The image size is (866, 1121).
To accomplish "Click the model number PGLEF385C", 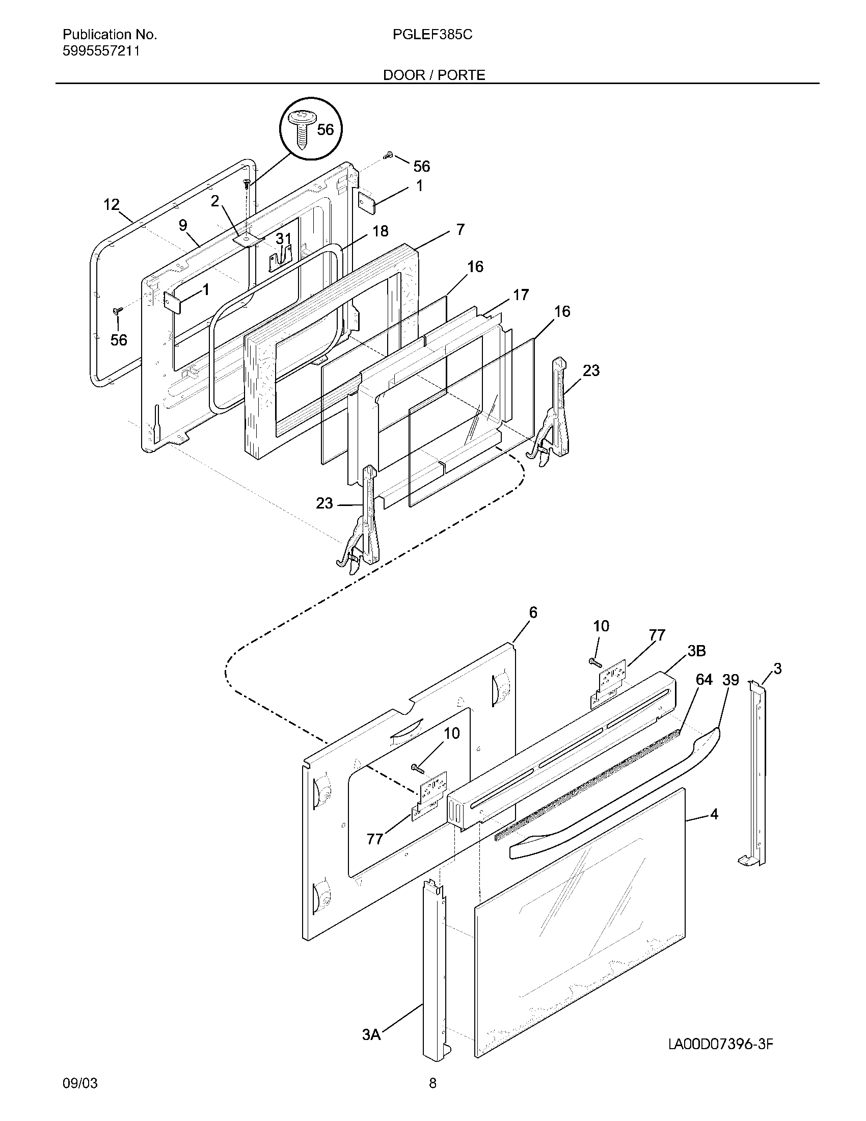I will [x=432, y=35].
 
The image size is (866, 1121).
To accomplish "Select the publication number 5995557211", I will [x=100, y=51].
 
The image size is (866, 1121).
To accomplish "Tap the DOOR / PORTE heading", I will [x=434, y=75].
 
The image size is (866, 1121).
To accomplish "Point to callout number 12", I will [x=112, y=205].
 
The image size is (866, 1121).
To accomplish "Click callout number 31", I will [x=283, y=238].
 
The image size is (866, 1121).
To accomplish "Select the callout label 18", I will [x=380, y=231].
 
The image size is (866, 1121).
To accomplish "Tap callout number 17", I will [x=521, y=295].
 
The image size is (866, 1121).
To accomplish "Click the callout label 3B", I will [x=696, y=651].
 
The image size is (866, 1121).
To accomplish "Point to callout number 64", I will [x=704, y=680].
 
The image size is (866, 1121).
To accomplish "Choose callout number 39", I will [x=730, y=680].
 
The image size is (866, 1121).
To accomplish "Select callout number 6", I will [x=533, y=612].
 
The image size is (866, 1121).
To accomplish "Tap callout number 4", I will [x=714, y=814].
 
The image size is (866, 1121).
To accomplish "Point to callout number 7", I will [x=460, y=229].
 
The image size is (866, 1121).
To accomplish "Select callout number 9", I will [x=183, y=225].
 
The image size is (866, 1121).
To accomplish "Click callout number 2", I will [x=215, y=201].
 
